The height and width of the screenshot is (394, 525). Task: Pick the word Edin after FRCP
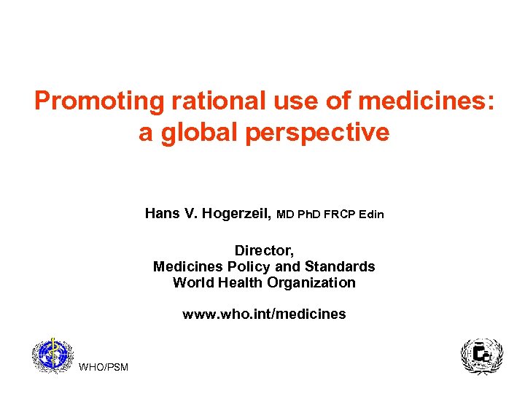coord(372,215)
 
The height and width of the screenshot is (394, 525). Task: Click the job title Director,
coord(264,251)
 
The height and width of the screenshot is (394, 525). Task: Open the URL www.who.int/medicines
coord(264,314)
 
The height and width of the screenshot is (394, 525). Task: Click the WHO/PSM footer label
coord(103,366)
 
